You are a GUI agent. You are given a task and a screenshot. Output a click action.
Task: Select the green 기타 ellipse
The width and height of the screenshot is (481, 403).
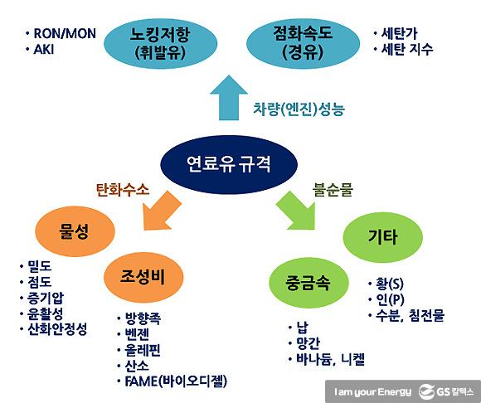pyautogui.click(x=382, y=237)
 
